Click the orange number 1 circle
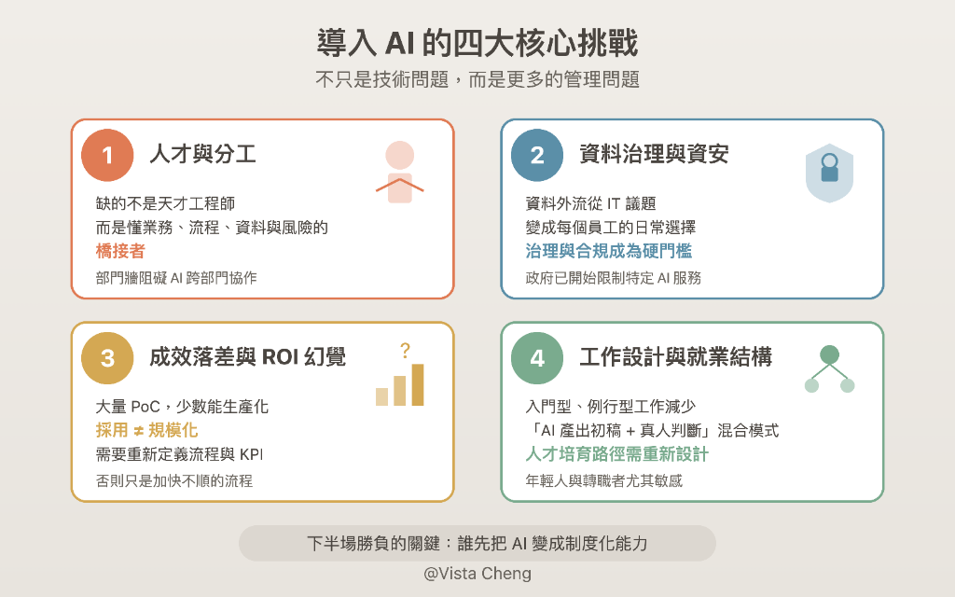[x=107, y=155]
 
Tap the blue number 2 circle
[x=537, y=155]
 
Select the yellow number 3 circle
[x=107, y=358]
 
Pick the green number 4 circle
[x=537, y=358]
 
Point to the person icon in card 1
[x=399, y=172]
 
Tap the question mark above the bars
[x=405, y=351]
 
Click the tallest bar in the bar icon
[x=417, y=384]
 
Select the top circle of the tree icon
[x=829, y=354]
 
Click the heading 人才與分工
[x=202, y=155]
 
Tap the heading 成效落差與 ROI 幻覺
[x=247, y=357]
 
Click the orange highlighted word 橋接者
[x=120, y=252]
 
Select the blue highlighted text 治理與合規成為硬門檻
[x=608, y=252]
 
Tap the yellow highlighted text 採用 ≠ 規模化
[x=146, y=430]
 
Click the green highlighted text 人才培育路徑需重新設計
[x=616, y=454]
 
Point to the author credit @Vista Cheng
[x=477, y=574]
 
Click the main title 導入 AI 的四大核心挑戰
[x=477, y=43]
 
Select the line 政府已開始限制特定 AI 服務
[x=613, y=278]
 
